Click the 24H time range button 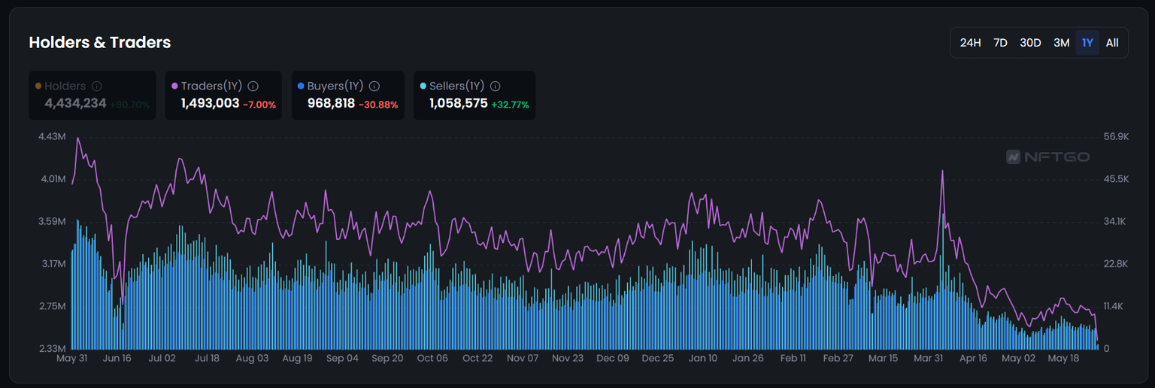click(970, 43)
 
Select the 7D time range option click(1000, 43)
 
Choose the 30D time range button click(1030, 43)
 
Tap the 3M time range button click(1061, 43)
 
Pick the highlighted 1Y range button click(1087, 43)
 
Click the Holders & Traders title click(100, 43)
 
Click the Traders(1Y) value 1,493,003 click(210, 104)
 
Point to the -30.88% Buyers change click(378, 105)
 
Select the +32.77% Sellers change click(510, 105)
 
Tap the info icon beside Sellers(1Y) click(495, 86)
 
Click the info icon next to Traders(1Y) click(253, 86)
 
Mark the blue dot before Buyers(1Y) click(301, 86)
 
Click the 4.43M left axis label click(52, 137)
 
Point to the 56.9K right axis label click(1116, 137)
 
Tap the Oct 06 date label click(432, 359)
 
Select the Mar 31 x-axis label click(928, 359)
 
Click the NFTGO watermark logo click(1047, 157)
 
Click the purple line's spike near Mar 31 click(942, 171)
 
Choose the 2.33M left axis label click(52, 348)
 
